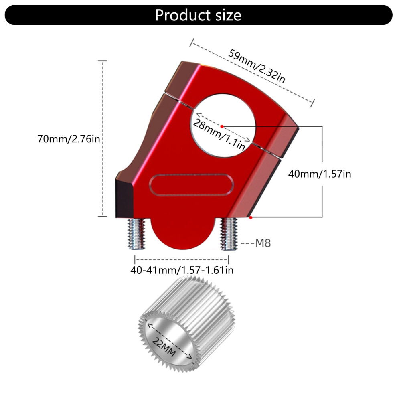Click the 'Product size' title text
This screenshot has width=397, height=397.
pos(198,15)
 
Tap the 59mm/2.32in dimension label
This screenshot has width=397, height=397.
pos(257,66)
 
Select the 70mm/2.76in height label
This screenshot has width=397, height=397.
pos(69,139)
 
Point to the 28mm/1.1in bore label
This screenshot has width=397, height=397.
pos(219,134)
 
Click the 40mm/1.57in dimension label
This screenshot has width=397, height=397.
pos(320,174)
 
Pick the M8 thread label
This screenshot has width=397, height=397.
pos(263,243)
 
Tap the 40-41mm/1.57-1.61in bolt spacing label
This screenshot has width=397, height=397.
pos(182,270)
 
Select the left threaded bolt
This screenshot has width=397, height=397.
pos(136,233)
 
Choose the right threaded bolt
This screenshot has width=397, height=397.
pos(229,234)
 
